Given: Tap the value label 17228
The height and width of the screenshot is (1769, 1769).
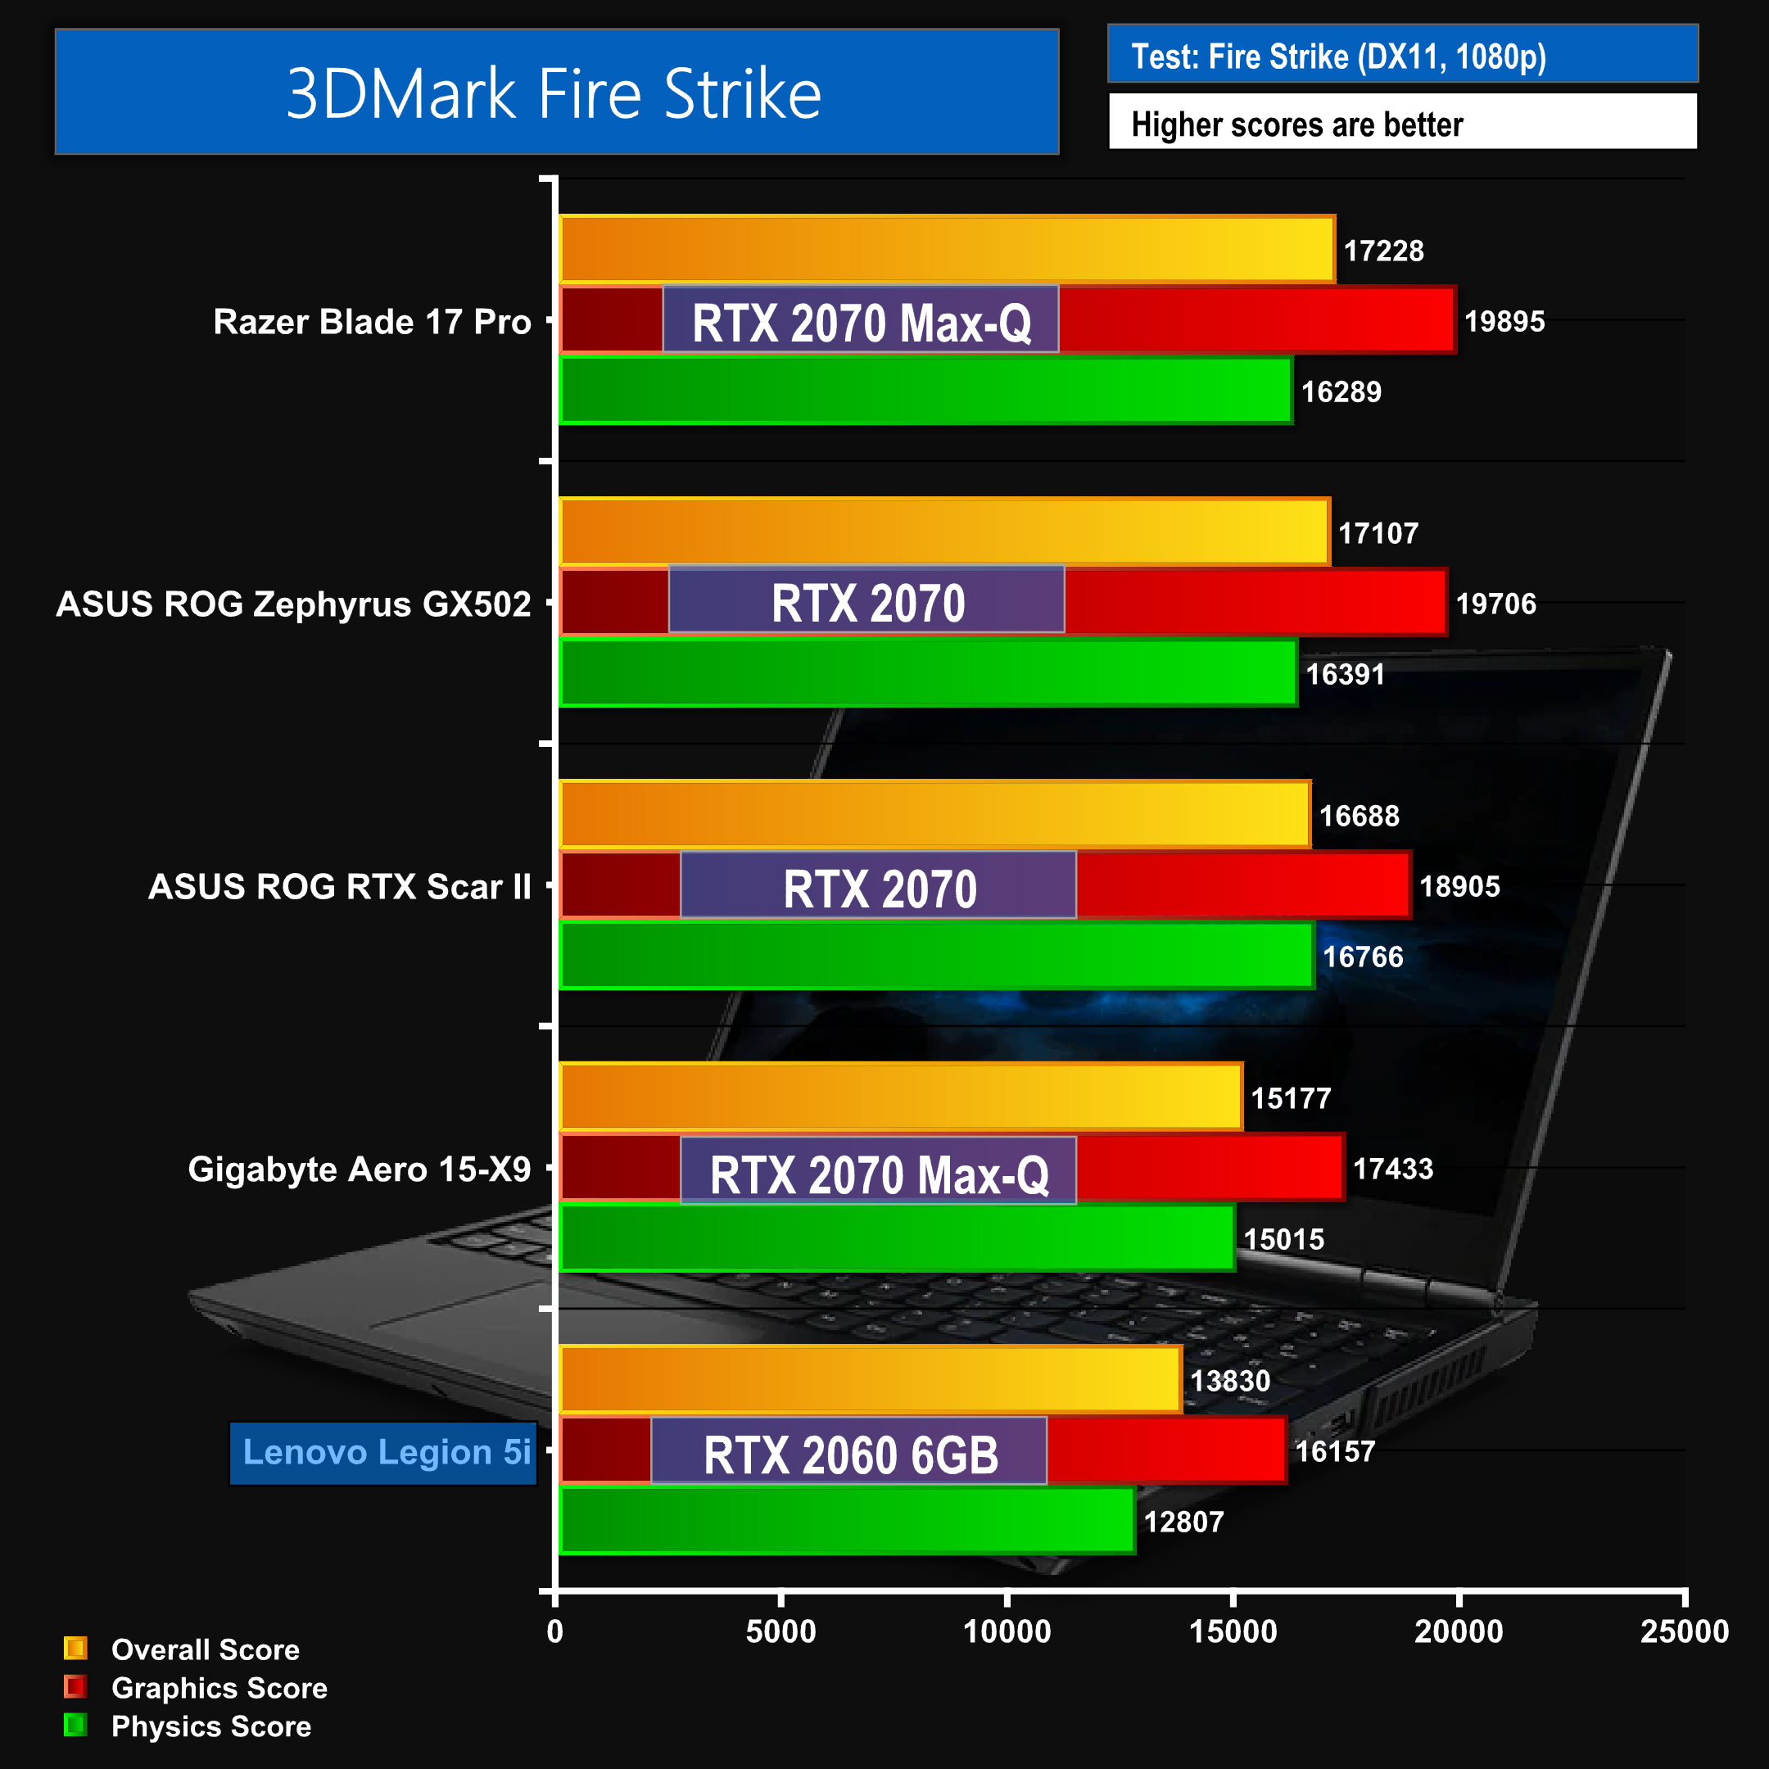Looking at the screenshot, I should pos(1382,251).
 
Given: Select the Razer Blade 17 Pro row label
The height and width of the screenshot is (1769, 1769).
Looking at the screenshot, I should pos(372,321).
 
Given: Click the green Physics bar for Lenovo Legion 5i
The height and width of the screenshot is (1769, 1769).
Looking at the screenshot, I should pos(847,1521).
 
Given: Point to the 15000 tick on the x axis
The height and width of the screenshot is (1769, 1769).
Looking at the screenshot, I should pos(1233,1631).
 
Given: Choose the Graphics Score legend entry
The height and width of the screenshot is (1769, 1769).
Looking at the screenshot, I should pos(218,1687).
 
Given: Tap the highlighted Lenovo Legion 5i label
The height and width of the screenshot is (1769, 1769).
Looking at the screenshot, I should pos(385,1452).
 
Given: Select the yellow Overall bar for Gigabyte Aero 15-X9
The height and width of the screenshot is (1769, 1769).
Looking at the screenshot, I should pos(901,1097).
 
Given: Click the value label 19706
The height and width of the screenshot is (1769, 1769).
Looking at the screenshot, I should pos(1495,604).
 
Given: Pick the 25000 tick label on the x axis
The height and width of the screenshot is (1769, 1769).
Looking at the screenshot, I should pos(1684,1631).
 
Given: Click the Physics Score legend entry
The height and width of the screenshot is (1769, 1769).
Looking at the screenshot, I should pos(210,1726).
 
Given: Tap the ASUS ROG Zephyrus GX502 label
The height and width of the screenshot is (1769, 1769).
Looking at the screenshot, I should pos(293,604).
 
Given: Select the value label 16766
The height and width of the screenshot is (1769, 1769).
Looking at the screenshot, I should pos(1363,957).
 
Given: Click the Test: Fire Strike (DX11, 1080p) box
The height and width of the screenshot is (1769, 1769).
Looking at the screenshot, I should pos(1402,55).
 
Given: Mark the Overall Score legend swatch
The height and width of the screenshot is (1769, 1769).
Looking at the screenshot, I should pos(75,1648).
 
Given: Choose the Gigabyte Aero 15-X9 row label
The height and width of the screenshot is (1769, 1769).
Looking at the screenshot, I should pos(359,1170).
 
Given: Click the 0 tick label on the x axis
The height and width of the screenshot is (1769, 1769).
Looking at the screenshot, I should pos(555,1631).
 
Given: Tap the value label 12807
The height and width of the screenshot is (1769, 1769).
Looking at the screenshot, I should pos(1183,1522).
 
